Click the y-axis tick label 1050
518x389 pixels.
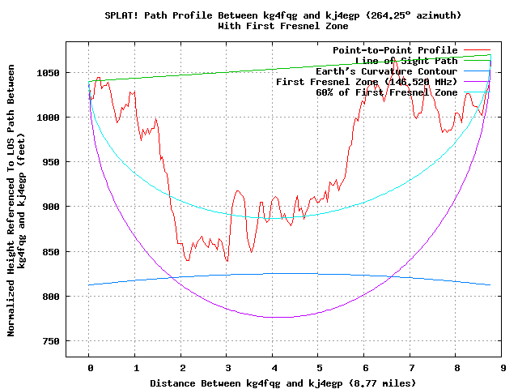click(50, 73)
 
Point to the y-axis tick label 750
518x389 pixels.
click(53, 341)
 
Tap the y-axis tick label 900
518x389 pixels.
click(53, 207)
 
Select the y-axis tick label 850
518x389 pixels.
click(53, 252)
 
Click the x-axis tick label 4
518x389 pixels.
click(273, 367)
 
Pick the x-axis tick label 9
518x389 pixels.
click(503, 367)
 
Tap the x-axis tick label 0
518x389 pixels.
click(89, 367)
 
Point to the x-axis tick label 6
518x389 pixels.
click(365, 367)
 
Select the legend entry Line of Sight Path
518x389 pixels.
click(406, 61)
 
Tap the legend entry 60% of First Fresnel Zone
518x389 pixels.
click(386, 92)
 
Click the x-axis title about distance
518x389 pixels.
click(272, 382)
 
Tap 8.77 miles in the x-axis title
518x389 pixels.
click(381, 382)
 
